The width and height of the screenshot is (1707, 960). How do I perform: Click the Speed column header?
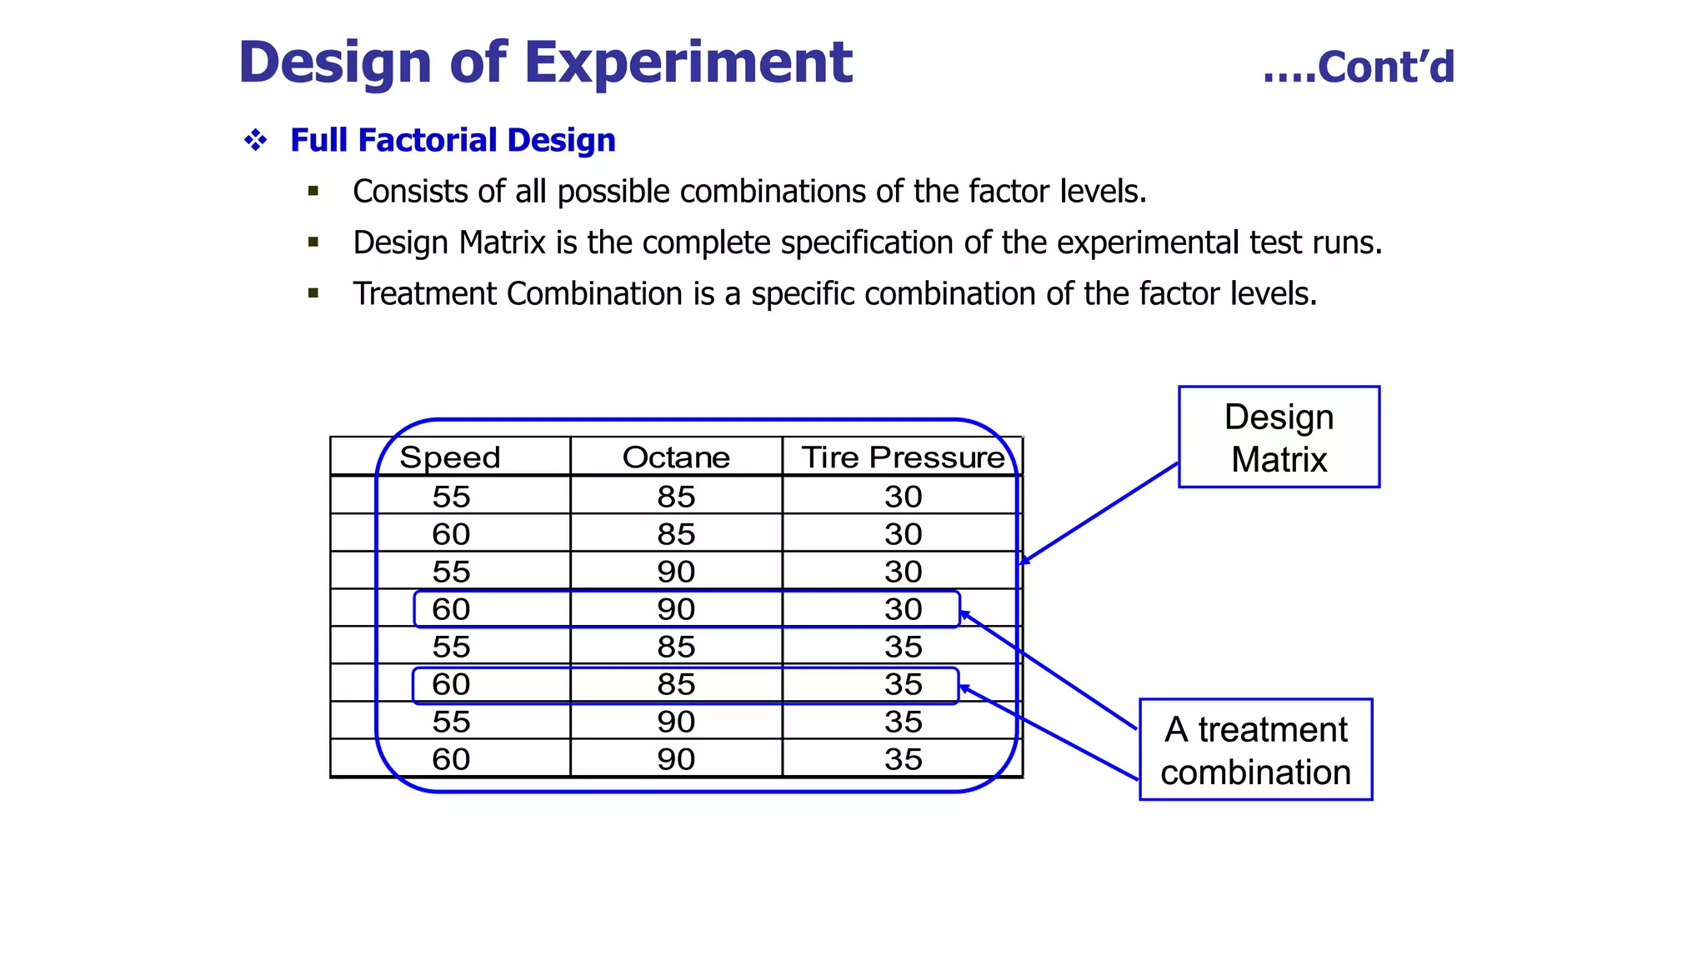pyautogui.click(x=449, y=457)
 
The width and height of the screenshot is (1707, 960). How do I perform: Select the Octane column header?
pyautogui.click(x=676, y=457)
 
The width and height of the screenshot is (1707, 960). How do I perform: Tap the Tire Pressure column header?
pyautogui.click(x=903, y=457)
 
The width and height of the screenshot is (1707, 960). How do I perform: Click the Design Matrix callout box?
pyautogui.click(x=1279, y=437)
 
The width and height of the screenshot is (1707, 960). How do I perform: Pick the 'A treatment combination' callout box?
pyautogui.click(x=1255, y=750)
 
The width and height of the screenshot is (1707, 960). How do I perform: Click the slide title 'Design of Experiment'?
pyautogui.click(x=545, y=62)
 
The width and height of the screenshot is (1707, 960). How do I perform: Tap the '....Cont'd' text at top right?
pyautogui.click(x=1359, y=67)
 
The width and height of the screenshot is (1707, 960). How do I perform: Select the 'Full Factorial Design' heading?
pyautogui.click(x=453, y=140)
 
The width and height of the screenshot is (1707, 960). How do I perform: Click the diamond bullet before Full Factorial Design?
pyautogui.click(x=256, y=140)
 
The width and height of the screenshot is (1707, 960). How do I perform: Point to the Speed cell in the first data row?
pyautogui.click(x=451, y=497)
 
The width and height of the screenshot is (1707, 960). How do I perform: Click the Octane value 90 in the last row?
pyautogui.click(x=676, y=759)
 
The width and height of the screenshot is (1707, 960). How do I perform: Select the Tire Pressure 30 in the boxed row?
pyautogui.click(x=904, y=609)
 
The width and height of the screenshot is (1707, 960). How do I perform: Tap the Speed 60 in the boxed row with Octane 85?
pyautogui.click(x=451, y=684)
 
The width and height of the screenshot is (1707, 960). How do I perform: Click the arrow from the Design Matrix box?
pyautogui.click(x=1100, y=512)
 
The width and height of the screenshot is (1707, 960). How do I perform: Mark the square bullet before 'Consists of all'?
pyautogui.click(x=313, y=192)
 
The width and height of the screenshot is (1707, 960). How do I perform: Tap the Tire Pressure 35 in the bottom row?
pyautogui.click(x=904, y=759)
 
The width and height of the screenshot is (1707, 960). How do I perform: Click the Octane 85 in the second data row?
pyautogui.click(x=676, y=534)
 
